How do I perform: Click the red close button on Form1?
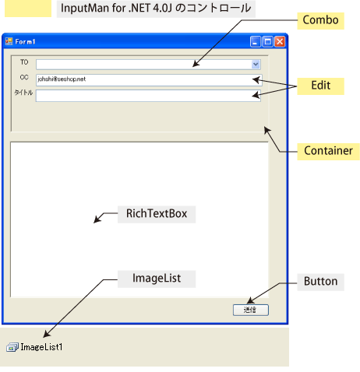pyautogui.click(x=280, y=42)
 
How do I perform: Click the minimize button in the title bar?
pyautogui.click(x=256, y=42)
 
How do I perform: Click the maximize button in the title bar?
pyautogui.click(x=267, y=42)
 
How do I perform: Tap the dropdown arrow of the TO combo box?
pyautogui.click(x=256, y=65)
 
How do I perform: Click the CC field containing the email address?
pyautogui.click(x=149, y=80)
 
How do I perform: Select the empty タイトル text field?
pyautogui.click(x=148, y=96)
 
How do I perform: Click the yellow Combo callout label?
pyautogui.click(x=320, y=20)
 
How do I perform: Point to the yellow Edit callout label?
pyautogui.click(x=320, y=86)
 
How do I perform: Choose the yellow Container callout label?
pyautogui.click(x=328, y=151)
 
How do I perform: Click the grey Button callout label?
pyautogui.click(x=320, y=282)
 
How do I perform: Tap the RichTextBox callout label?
pyautogui.click(x=157, y=214)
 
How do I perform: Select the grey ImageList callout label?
pyautogui.click(x=157, y=279)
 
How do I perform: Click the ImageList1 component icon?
pyautogui.click(x=12, y=347)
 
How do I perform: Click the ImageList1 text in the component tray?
pyautogui.click(x=41, y=347)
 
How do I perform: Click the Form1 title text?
pyautogui.click(x=25, y=42)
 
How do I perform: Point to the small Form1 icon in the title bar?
pyautogui.click(x=9, y=41)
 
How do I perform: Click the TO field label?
pyautogui.click(x=24, y=62)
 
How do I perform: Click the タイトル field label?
pyautogui.click(x=23, y=93)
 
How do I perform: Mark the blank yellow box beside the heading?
pyautogui.click(x=28, y=9)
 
